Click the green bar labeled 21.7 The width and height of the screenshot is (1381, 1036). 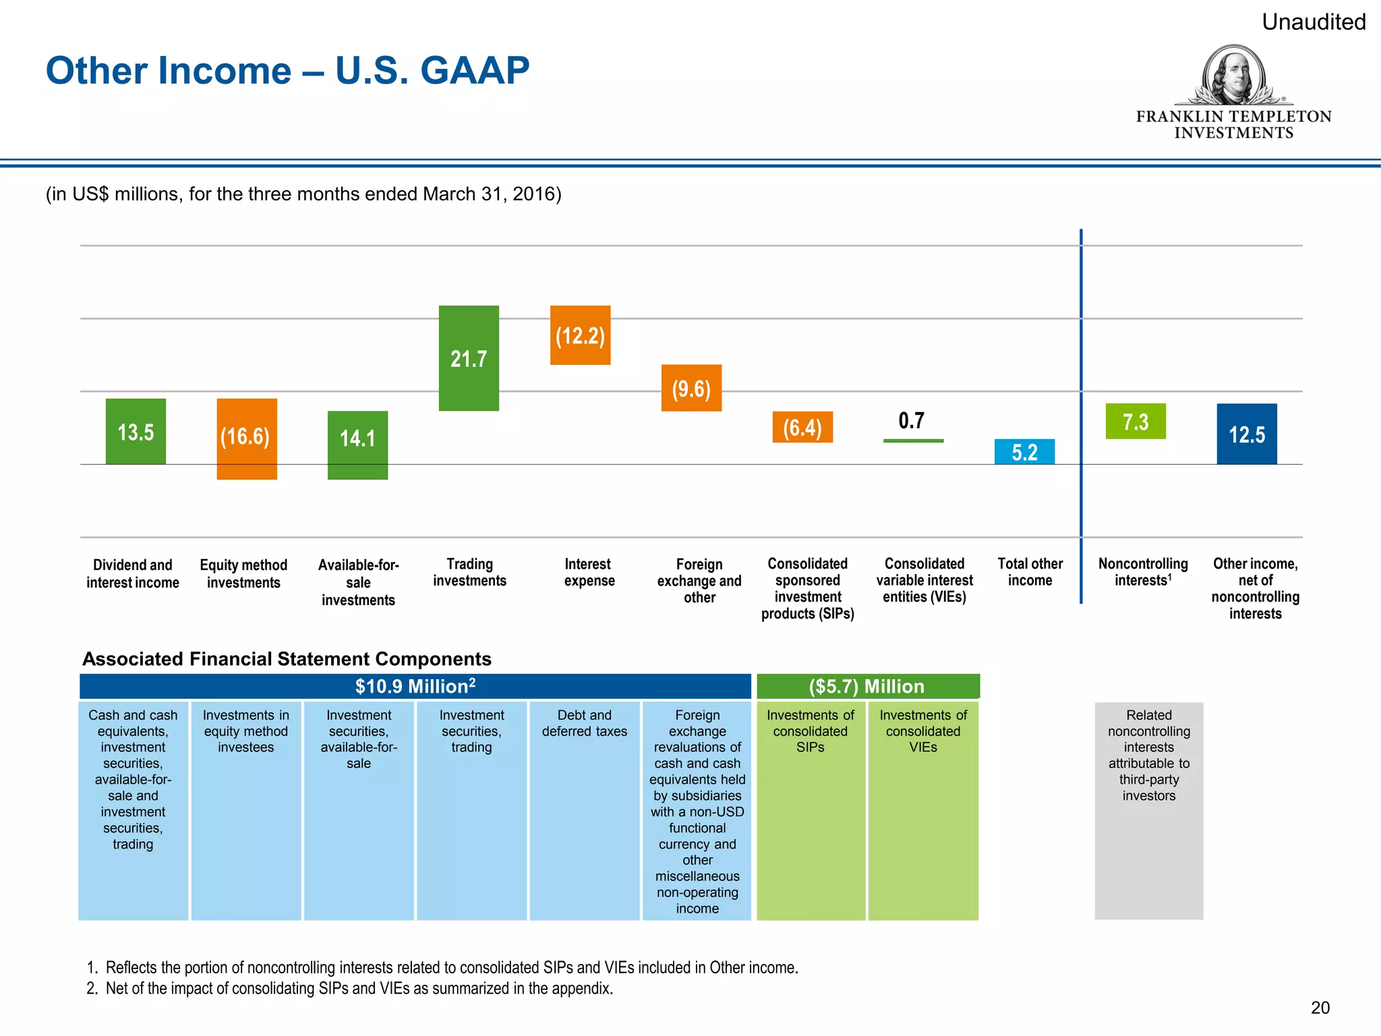point(469,358)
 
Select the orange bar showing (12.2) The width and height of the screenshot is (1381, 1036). point(580,335)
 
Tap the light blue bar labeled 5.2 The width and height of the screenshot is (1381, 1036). point(1024,451)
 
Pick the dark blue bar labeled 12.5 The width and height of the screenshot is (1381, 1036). point(1246,434)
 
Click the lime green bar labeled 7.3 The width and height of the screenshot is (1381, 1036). point(1136,422)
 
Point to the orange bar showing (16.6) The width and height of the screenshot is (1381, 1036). point(247,438)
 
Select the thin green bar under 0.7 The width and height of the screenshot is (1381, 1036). point(913,440)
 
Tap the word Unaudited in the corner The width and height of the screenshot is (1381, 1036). point(1313,22)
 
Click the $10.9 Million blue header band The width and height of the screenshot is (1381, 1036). point(415,686)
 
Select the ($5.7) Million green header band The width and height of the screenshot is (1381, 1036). point(867,686)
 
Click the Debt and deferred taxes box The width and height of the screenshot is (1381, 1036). point(585,809)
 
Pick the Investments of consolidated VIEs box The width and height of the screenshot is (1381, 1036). point(922,809)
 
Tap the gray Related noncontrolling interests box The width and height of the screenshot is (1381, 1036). point(1148,809)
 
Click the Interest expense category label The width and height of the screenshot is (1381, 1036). point(589,572)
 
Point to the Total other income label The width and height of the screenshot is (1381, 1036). point(1030,572)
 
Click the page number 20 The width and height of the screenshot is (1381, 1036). point(1320,1008)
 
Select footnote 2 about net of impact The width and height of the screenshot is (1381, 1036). point(359,988)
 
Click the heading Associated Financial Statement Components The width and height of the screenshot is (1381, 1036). point(287,659)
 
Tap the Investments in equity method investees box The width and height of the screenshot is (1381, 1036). point(246,809)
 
